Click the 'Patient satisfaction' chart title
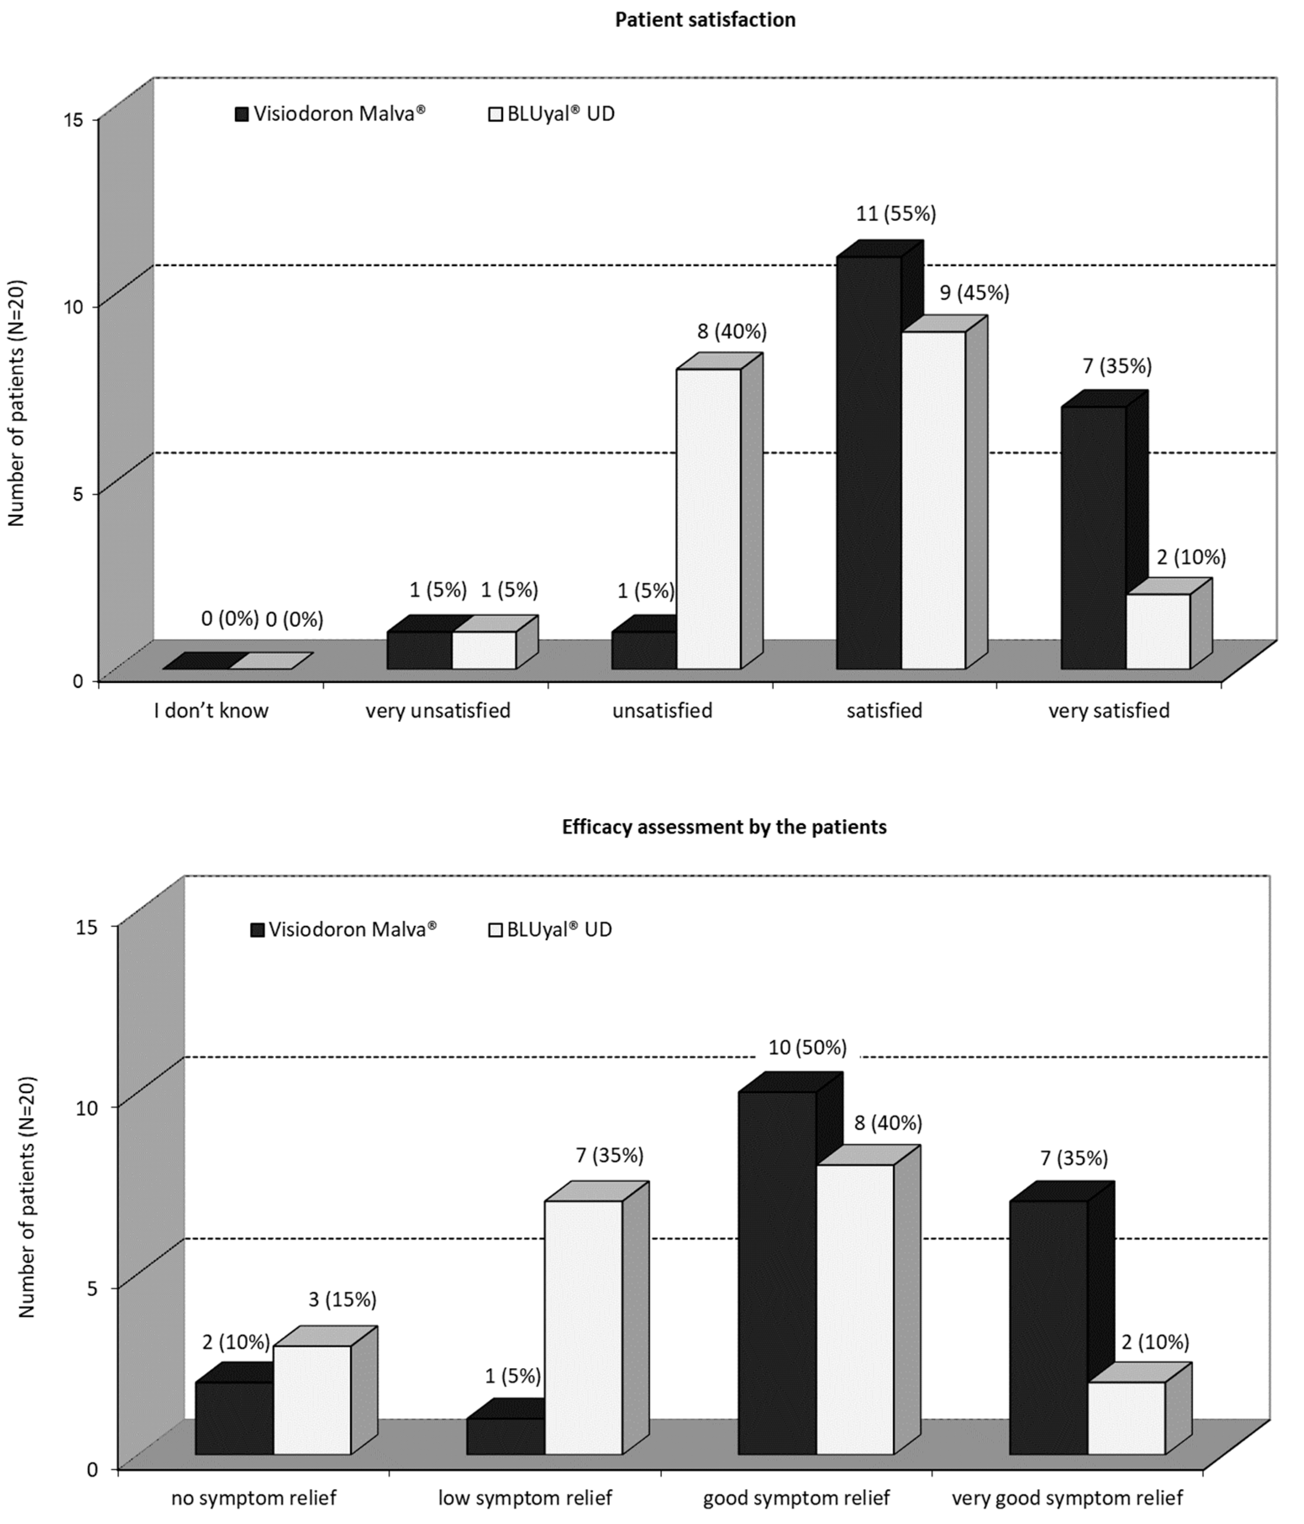(x=705, y=20)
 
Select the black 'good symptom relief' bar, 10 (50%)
(x=777, y=1272)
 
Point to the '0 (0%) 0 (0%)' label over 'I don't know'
(x=262, y=620)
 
